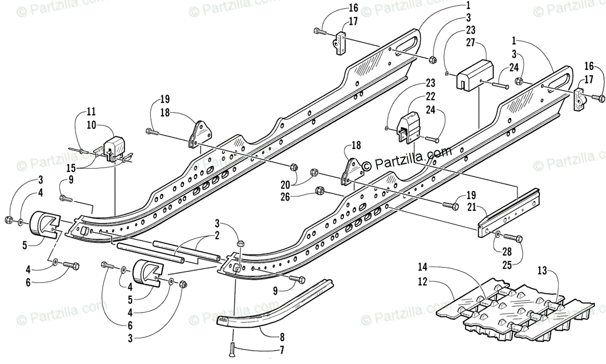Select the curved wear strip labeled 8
pyautogui.click(x=283, y=303)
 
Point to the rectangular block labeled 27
pyautogui.click(x=475, y=75)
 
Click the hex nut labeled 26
pyautogui.click(x=319, y=191)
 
